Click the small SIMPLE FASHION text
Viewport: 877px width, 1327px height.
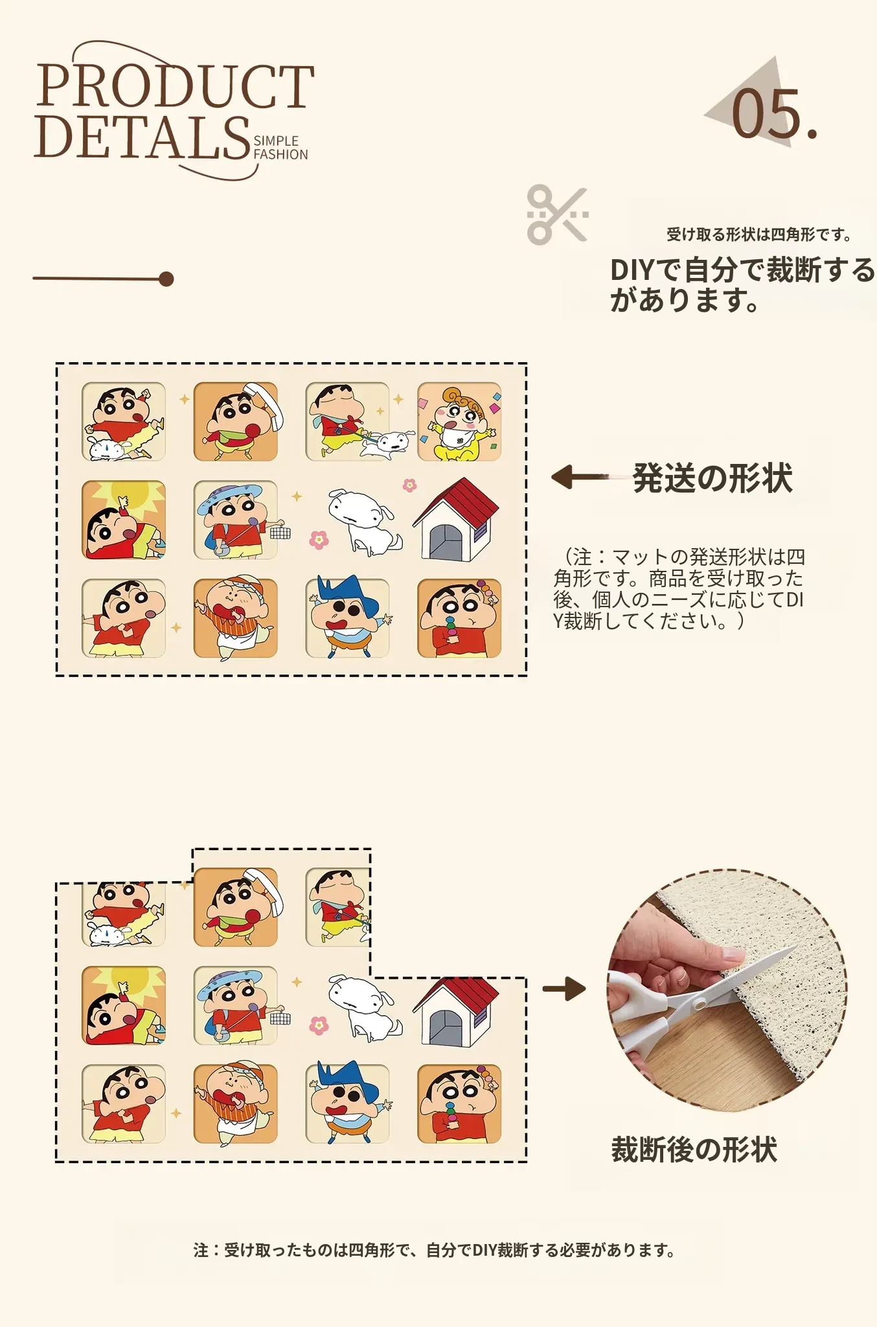280,148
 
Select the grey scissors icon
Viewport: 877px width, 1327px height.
558,215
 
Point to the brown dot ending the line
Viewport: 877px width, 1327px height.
166,279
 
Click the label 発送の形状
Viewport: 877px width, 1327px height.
712,478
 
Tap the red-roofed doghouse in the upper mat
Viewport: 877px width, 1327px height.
456,519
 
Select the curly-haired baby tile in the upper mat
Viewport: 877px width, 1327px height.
459,422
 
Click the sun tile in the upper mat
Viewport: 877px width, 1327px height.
124,520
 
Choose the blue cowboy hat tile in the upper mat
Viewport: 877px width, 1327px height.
348,618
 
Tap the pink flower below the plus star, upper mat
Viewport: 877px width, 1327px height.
319,539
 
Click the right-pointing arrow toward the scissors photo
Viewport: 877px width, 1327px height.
564,989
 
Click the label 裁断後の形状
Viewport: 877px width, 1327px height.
694,1150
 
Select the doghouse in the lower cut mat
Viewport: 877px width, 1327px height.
456,1005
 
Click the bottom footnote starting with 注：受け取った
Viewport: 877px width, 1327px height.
434,1250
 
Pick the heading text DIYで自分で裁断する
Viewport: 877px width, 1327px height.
742,270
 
